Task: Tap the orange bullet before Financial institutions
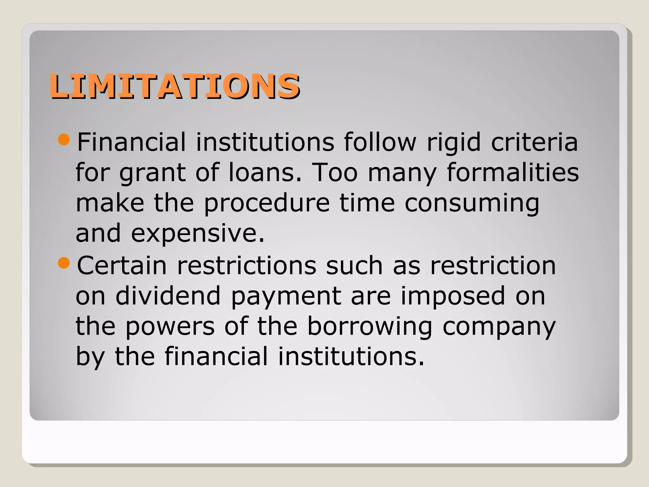pyautogui.click(x=64, y=140)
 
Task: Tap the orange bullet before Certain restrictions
pyautogui.click(x=64, y=263)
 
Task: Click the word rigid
pyautogui.click(x=454, y=143)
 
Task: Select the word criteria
pyautogui.click(x=535, y=143)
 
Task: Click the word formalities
pyautogui.click(x=513, y=173)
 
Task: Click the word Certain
pyautogui.click(x=122, y=266)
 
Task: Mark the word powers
pyautogui.click(x=170, y=327)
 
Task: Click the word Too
pyautogui.click(x=335, y=173)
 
